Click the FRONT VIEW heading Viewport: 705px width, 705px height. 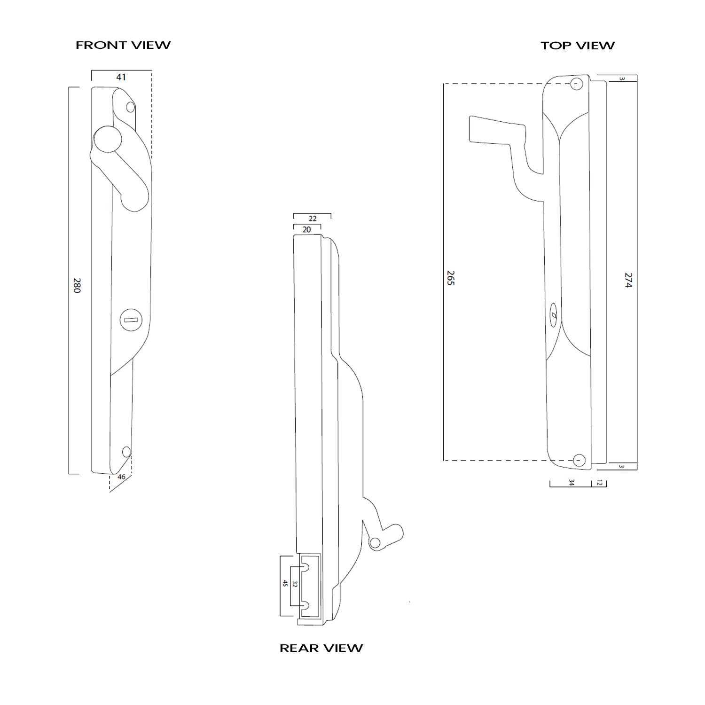(x=123, y=45)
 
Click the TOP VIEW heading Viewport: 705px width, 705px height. (x=577, y=46)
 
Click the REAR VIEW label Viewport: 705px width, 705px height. (x=321, y=648)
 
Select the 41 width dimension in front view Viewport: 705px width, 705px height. (x=121, y=77)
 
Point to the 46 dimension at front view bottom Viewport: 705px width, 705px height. (x=121, y=477)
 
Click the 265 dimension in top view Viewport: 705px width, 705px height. (x=451, y=278)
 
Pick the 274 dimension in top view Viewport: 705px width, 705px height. (x=629, y=280)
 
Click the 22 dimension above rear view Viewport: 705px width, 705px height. (x=313, y=219)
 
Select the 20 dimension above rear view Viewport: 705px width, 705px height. (x=307, y=230)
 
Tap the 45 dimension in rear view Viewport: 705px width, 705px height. (x=285, y=584)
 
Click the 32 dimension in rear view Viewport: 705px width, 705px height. (x=295, y=584)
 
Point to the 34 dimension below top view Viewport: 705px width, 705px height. (x=572, y=483)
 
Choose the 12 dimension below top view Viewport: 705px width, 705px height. (x=599, y=483)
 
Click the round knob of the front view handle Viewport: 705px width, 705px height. (x=108, y=141)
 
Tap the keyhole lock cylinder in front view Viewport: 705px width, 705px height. (x=130, y=320)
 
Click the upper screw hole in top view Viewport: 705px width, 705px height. (x=577, y=85)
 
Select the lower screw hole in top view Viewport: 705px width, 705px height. (x=580, y=460)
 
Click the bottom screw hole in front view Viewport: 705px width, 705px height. (x=126, y=452)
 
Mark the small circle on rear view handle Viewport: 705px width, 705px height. (x=375, y=544)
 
